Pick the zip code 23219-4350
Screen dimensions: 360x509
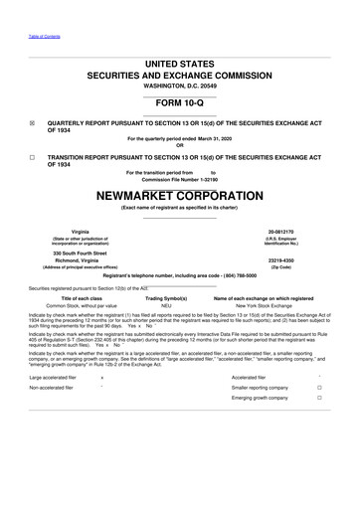tap(289, 260)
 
